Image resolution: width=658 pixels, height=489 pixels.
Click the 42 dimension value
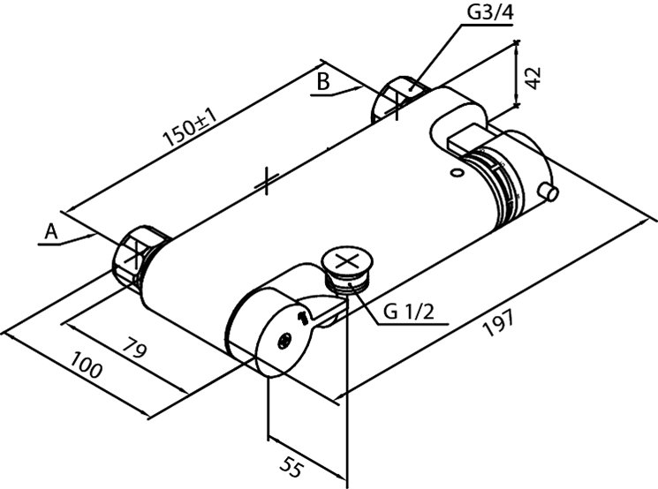pyautogui.click(x=533, y=75)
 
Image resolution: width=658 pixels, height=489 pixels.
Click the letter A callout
pyautogui.click(x=51, y=231)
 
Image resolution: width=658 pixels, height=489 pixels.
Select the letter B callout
pyautogui.click(x=323, y=83)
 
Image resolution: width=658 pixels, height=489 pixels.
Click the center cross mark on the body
pyautogui.click(x=266, y=184)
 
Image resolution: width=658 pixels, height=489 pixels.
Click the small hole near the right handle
pyautogui.click(x=457, y=173)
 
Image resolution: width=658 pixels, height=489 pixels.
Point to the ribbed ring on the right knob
pyautogui.click(x=499, y=185)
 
